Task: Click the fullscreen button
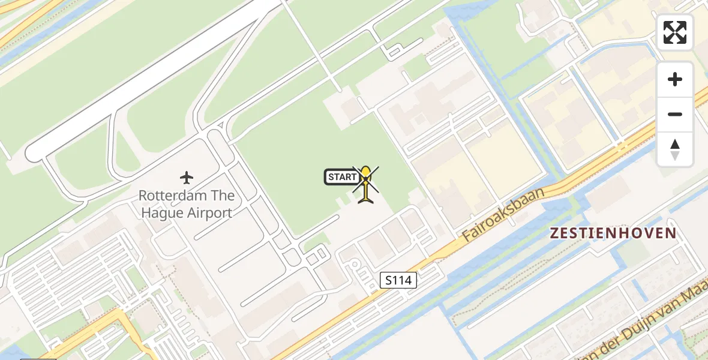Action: (x=675, y=32)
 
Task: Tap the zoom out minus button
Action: (x=675, y=114)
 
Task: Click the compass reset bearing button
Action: (x=675, y=149)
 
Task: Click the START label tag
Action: (x=342, y=177)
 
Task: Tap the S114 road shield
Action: (x=398, y=280)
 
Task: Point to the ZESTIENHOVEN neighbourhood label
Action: (x=614, y=233)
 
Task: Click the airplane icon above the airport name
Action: (x=187, y=178)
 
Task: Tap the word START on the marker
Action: (x=342, y=177)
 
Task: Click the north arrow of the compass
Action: (x=675, y=145)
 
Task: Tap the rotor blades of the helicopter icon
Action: (x=365, y=179)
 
